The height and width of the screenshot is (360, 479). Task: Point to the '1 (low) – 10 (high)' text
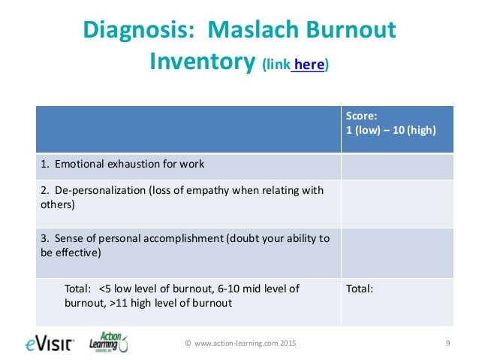(390, 129)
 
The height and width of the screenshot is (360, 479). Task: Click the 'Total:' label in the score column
(360, 288)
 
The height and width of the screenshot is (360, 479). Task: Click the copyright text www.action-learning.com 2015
(240, 343)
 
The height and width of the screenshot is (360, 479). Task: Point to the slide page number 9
(447, 343)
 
